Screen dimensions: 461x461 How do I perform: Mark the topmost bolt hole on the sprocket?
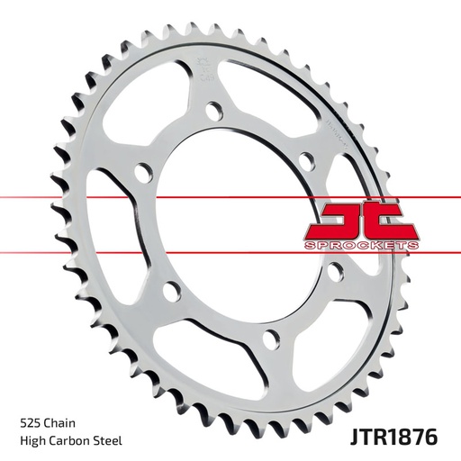click(212, 111)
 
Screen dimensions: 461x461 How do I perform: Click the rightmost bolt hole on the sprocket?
click(334, 274)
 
